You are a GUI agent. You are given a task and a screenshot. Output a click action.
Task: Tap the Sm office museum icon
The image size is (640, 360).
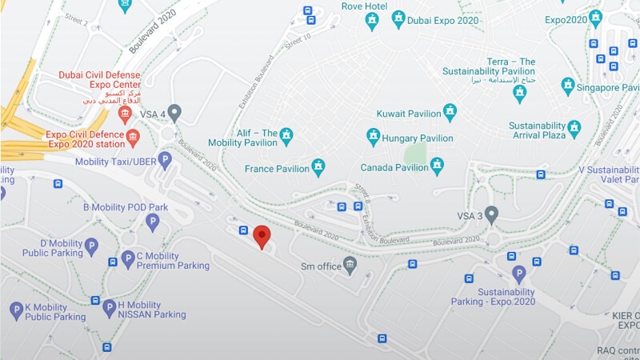(350, 266)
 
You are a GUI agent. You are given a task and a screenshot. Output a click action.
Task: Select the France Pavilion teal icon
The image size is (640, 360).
(318, 167)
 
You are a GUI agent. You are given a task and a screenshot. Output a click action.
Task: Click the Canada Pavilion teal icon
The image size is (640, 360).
(437, 166)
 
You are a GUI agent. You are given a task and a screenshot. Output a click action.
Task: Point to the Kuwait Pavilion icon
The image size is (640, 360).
(450, 112)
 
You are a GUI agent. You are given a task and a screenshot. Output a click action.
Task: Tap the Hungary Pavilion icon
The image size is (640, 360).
(373, 138)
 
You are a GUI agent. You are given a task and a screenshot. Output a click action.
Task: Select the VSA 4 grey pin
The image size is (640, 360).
(174, 113)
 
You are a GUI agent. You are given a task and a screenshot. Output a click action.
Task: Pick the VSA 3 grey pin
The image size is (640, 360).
(491, 214)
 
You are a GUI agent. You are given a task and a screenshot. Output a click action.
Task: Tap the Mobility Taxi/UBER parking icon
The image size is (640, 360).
(165, 160)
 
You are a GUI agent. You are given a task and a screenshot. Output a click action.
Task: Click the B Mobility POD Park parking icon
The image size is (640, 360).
(153, 222)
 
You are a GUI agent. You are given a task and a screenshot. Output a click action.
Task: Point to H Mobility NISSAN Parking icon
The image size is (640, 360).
(110, 308)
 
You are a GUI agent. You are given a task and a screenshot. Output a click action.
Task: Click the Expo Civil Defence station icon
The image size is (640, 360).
(133, 138)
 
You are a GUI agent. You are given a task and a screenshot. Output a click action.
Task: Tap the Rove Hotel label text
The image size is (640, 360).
(365, 6)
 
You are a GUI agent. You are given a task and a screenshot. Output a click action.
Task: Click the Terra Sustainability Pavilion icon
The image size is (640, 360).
(520, 93)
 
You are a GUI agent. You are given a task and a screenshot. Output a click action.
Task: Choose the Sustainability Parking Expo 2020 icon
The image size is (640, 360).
(519, 274)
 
